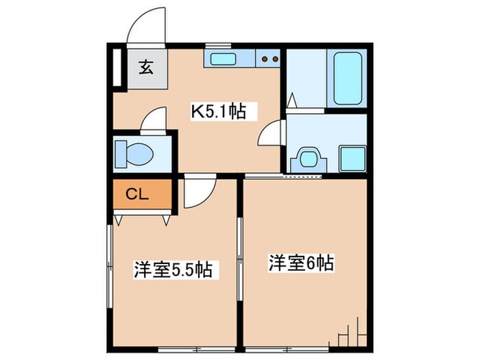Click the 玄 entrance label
146,67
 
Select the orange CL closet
139,195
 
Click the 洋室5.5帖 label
171,269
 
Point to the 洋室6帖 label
300,263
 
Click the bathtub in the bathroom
348,78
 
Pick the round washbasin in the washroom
306,158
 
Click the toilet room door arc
155,119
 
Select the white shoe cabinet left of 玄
116,67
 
